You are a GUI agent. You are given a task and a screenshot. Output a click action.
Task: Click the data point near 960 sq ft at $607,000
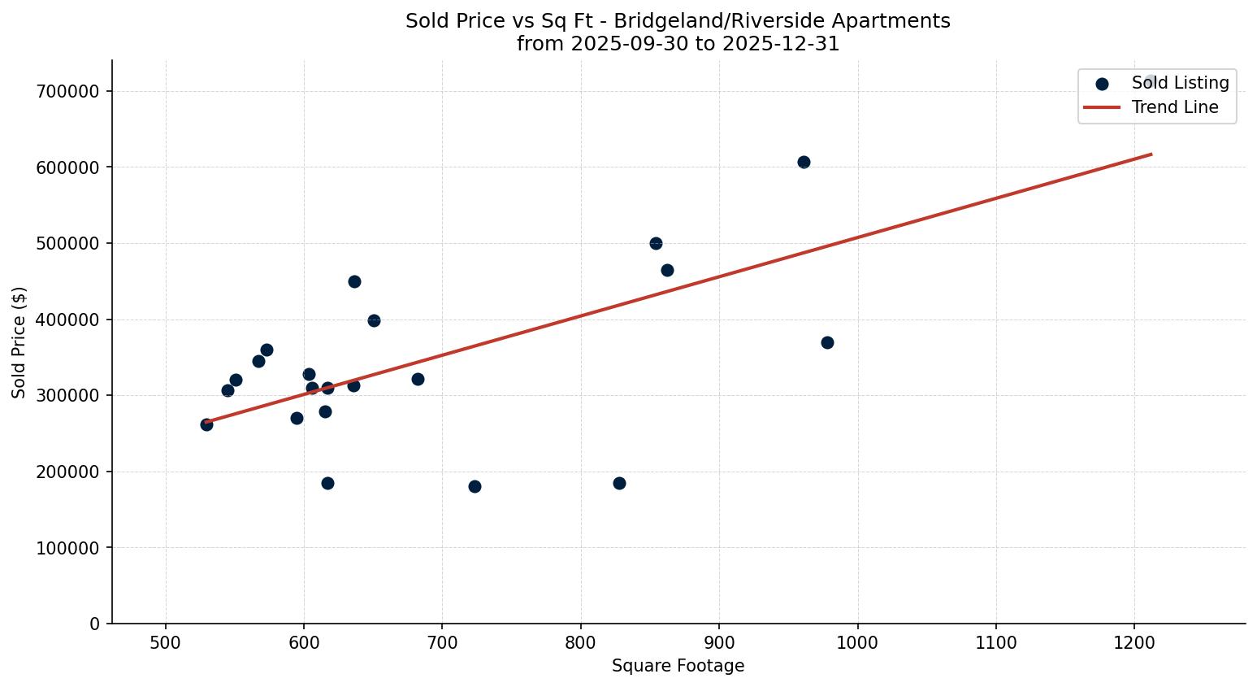[x=804, y=162]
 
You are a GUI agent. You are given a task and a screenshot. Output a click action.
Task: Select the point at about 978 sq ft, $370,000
[x=827, y=342]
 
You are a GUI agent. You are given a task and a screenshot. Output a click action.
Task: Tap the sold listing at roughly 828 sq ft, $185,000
[x=619, y=483]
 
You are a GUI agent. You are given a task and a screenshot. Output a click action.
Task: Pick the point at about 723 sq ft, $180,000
[x=475, y=486]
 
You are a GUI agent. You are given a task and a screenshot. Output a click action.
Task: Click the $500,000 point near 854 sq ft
[x=656, y=243]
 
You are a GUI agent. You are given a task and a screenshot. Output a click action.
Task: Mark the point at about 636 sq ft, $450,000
[x=354, y=281]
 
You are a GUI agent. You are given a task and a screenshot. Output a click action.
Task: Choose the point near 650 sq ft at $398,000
[x=374, y=320]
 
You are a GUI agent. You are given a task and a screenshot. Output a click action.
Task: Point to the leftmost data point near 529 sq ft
[x=206, y=424]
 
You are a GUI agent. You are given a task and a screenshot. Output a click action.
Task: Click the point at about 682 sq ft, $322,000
[x=418, y=379]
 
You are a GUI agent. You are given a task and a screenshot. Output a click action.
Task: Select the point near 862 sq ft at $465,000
[x=667, y=270]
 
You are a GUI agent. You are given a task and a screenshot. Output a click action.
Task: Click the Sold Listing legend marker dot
[x=1102, y=84]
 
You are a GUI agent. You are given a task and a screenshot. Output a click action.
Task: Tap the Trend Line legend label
[x=1175, y=107]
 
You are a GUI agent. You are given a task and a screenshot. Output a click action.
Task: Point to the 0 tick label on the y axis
[x=95, y=624]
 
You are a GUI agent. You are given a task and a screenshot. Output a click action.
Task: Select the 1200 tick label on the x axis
[x=1134, y=641]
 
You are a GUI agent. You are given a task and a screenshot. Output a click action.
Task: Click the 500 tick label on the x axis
[x=166, y=641]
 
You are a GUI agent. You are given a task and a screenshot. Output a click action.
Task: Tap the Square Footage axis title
[x=678, y=666]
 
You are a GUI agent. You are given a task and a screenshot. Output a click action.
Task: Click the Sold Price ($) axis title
[x=19, y=342]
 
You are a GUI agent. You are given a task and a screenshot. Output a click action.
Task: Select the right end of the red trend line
[x=1151, y=154]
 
